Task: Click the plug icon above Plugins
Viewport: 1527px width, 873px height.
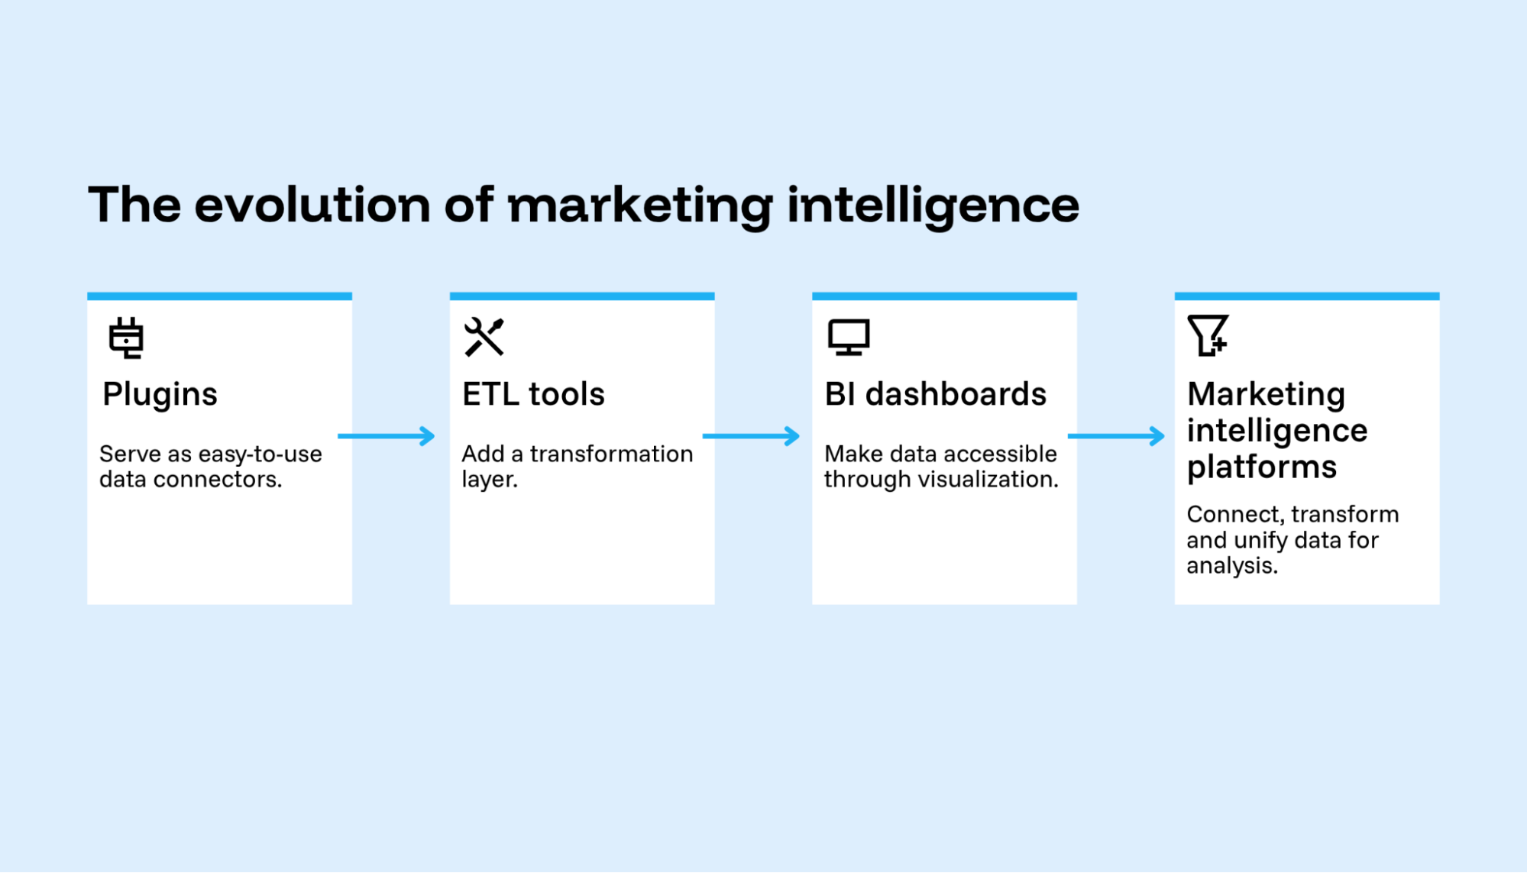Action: click(x=126, y=338)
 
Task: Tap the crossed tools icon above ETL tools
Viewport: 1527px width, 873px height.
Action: click(x=484, y=337)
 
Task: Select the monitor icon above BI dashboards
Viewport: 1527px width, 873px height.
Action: click(x=849, y=338)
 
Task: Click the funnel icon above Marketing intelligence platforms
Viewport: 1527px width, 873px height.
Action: click(x=1208, y=335)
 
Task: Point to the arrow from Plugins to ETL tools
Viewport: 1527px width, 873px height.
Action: click(x=387, y=436)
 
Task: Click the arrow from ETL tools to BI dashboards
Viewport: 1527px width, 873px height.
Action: click(x=751, y=436)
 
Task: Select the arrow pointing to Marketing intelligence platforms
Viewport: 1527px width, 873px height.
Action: click(x=1116, y=436)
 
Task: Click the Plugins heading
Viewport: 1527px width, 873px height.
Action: click(x=160, y=395)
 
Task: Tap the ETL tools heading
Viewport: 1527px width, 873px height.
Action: click(x=533, y=394)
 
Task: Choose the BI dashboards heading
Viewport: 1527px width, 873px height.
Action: click(x=936, y=394)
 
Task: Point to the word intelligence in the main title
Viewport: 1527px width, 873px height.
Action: click(x=933, y=206)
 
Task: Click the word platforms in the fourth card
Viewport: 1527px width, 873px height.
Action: click(x=1262, y=467)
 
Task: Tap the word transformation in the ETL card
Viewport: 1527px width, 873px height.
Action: click(x=612, y=454)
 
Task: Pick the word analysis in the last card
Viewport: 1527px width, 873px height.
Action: click(x=1232, y=566)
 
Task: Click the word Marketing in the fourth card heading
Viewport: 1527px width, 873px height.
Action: click(x=1266, y=395)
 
